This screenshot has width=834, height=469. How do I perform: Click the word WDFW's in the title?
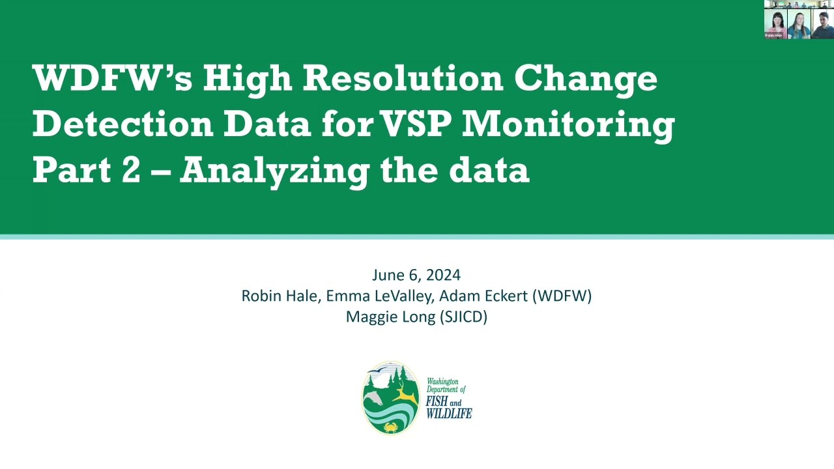coord(112,79)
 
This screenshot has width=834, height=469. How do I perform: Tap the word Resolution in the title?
coord(403,79)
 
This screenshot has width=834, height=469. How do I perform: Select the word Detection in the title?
coord(122,124)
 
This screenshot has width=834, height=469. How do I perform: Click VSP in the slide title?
coord(416,124)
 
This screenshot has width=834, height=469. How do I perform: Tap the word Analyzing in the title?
coord(274,171)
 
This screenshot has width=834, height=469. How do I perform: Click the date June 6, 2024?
coord(416,275)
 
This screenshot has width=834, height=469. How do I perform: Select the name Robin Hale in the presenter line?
coord(280,296)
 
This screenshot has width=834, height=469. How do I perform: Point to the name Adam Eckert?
coord(483,296)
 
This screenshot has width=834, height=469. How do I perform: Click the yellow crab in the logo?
coord(391,427)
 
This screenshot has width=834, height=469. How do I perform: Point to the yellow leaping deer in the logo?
coord(405,393)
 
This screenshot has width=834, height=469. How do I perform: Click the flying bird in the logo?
coord(377,373)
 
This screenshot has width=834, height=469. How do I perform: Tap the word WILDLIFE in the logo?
coord(448,414)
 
